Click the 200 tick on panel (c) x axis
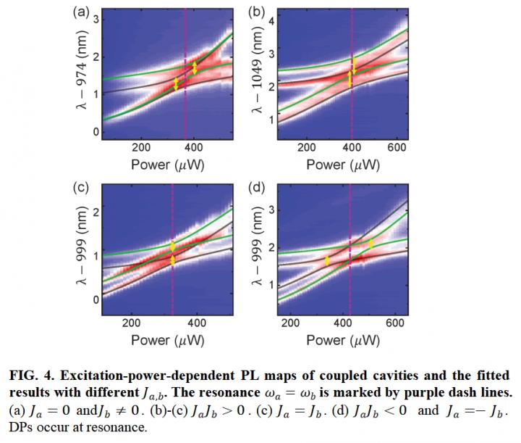tap(132, 323)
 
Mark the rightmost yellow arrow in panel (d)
tap(371, 244)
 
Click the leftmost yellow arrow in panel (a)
tap(175, 84)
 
